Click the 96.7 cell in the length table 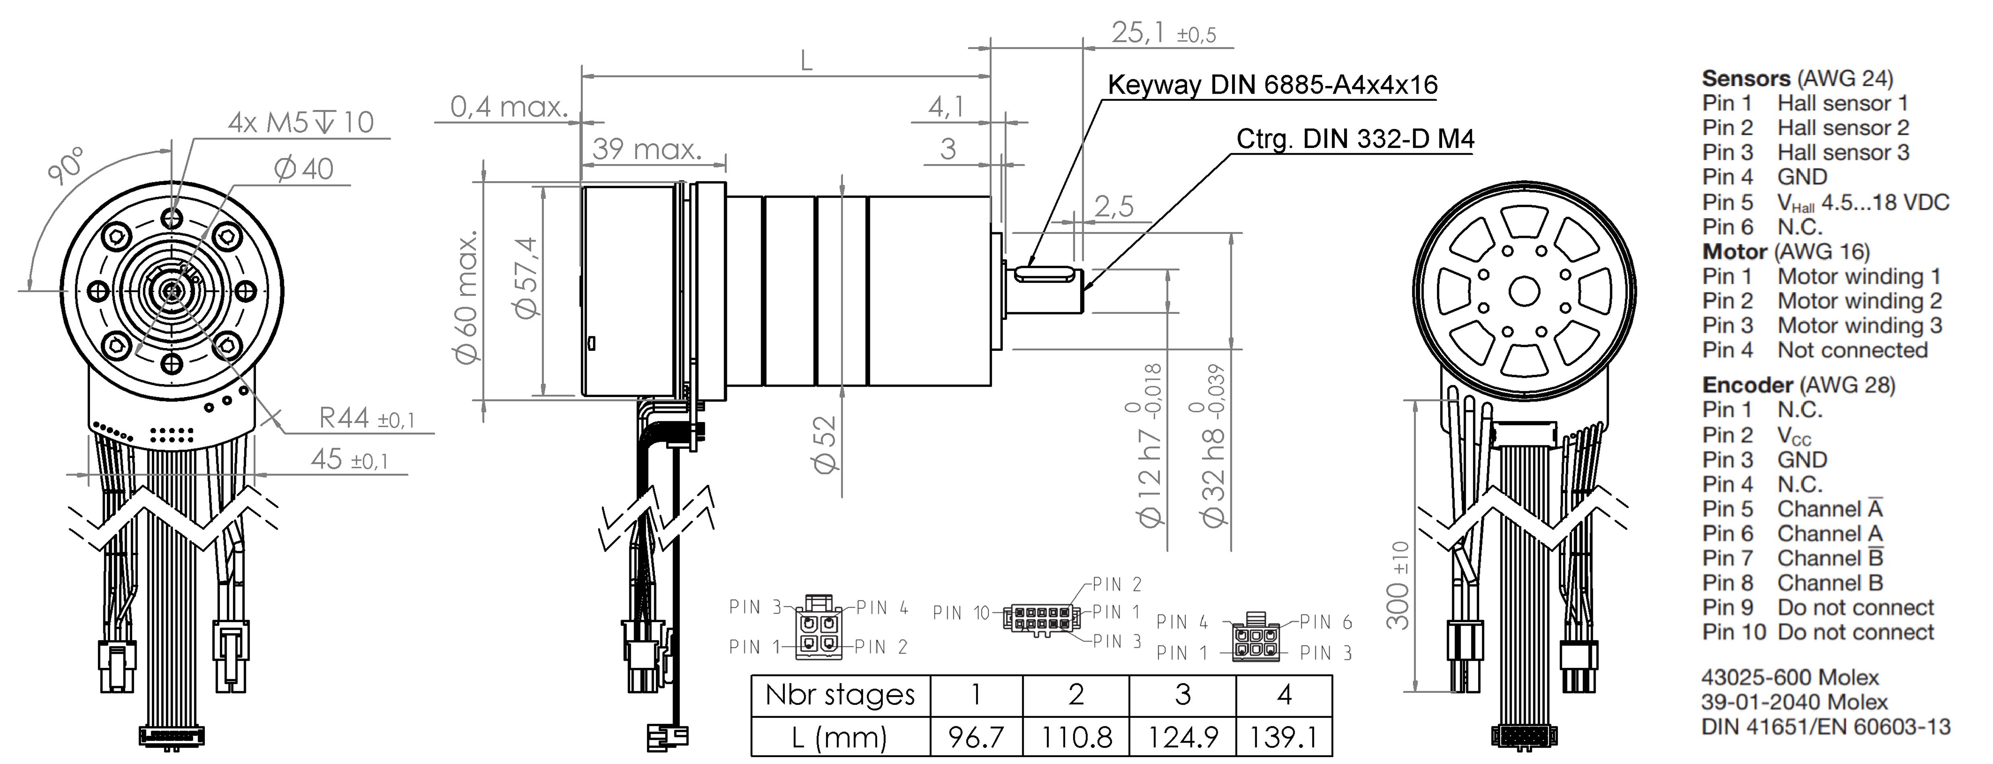coord(976,737)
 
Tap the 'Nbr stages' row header coord(840,695)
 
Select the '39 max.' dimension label coord(647,149)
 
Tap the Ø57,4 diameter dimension coord(526,277)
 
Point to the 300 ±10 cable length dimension coord(1399,585)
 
